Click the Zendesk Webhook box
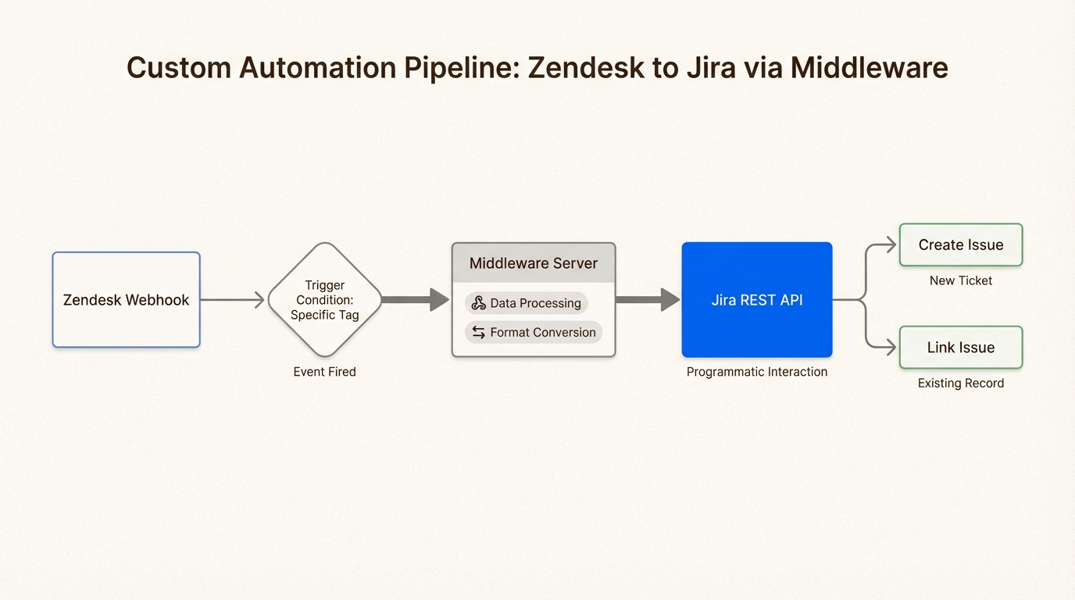click(126, 300)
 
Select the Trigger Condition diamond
click(324, 300)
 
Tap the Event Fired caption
click(324, 372)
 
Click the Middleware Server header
click(534, 263)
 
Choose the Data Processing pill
click(527, 303)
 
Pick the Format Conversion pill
click(534, 332)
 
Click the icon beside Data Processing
click(479, 303)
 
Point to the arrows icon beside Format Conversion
click(479, 332)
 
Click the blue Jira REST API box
click(756, 300)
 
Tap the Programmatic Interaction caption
click(756, 372)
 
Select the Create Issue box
click(960, 245)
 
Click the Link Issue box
click(960, 348)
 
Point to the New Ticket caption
click(960, 280)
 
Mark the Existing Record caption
click(960, 384)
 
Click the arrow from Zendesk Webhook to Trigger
click(232, 300)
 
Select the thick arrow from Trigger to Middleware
click(415, 300)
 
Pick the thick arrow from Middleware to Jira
click(648, 300)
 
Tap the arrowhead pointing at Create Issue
click(891, 245)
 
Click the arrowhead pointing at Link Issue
click(891, 348)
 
